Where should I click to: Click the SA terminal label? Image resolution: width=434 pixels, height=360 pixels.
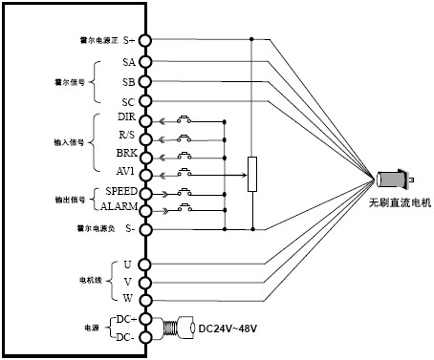pyautogui.click(x=128, y=62)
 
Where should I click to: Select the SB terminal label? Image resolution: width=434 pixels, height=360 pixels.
pyautogui.click(x=128, y=81)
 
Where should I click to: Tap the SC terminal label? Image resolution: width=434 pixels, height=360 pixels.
pyautogui.click(x=128, y=100)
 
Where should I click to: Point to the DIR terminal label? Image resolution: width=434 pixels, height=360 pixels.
pyautogui.click(x=125, y=118)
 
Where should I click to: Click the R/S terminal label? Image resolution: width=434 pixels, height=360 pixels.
pyautogui.click(x=126, y=137)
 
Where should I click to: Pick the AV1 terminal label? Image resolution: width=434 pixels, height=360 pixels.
pyautogui.click(x=126, y=173)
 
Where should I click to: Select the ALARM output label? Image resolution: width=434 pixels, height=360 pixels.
pyautogui.click(x=119, y=206)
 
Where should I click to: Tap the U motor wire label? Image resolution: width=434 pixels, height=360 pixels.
pyautogui.click(x=128, y=264)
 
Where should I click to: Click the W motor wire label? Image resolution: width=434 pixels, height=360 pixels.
pyautogui.click(x=128, y=298)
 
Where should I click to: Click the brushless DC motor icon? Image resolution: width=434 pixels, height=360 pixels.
pyautogui.click(x=393, y=180)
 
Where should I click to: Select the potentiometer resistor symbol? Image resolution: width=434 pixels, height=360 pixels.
pyautogui.click(x=251, y=174)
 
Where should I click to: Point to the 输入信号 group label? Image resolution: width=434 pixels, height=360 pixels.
pyautogui.click(x=67, y=141)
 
